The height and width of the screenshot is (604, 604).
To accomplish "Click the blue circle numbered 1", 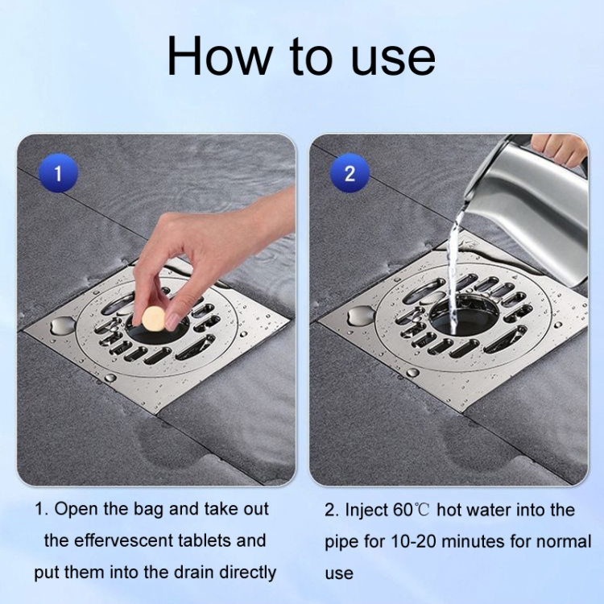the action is click(59, 173).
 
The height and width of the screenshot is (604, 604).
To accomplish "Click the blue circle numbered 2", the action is click(350, 173).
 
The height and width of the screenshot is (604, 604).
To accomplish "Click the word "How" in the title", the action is click(219, 56).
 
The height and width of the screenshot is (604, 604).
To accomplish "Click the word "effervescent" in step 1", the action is click(122, 540).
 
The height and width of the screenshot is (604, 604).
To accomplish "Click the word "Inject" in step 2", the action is click(367, 511).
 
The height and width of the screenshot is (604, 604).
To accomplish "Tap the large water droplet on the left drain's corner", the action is click(62, 325).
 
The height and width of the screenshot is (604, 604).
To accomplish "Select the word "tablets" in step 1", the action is click(205, 540).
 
